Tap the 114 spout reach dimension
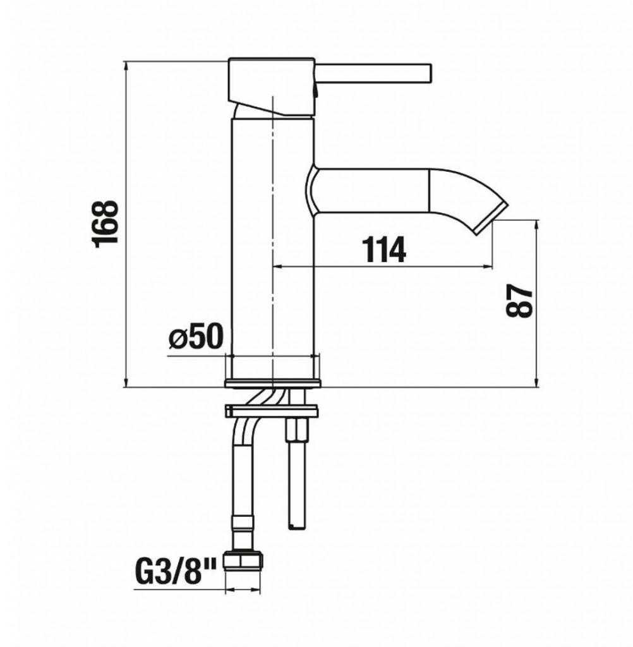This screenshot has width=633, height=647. (x=383, y=250)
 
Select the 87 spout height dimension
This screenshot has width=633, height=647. (x=519, y=300)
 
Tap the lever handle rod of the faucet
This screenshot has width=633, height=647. (x=373, y=75)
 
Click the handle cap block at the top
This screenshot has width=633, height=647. (x=272, y=87)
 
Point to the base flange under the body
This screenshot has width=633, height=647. (x=272, y=383)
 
